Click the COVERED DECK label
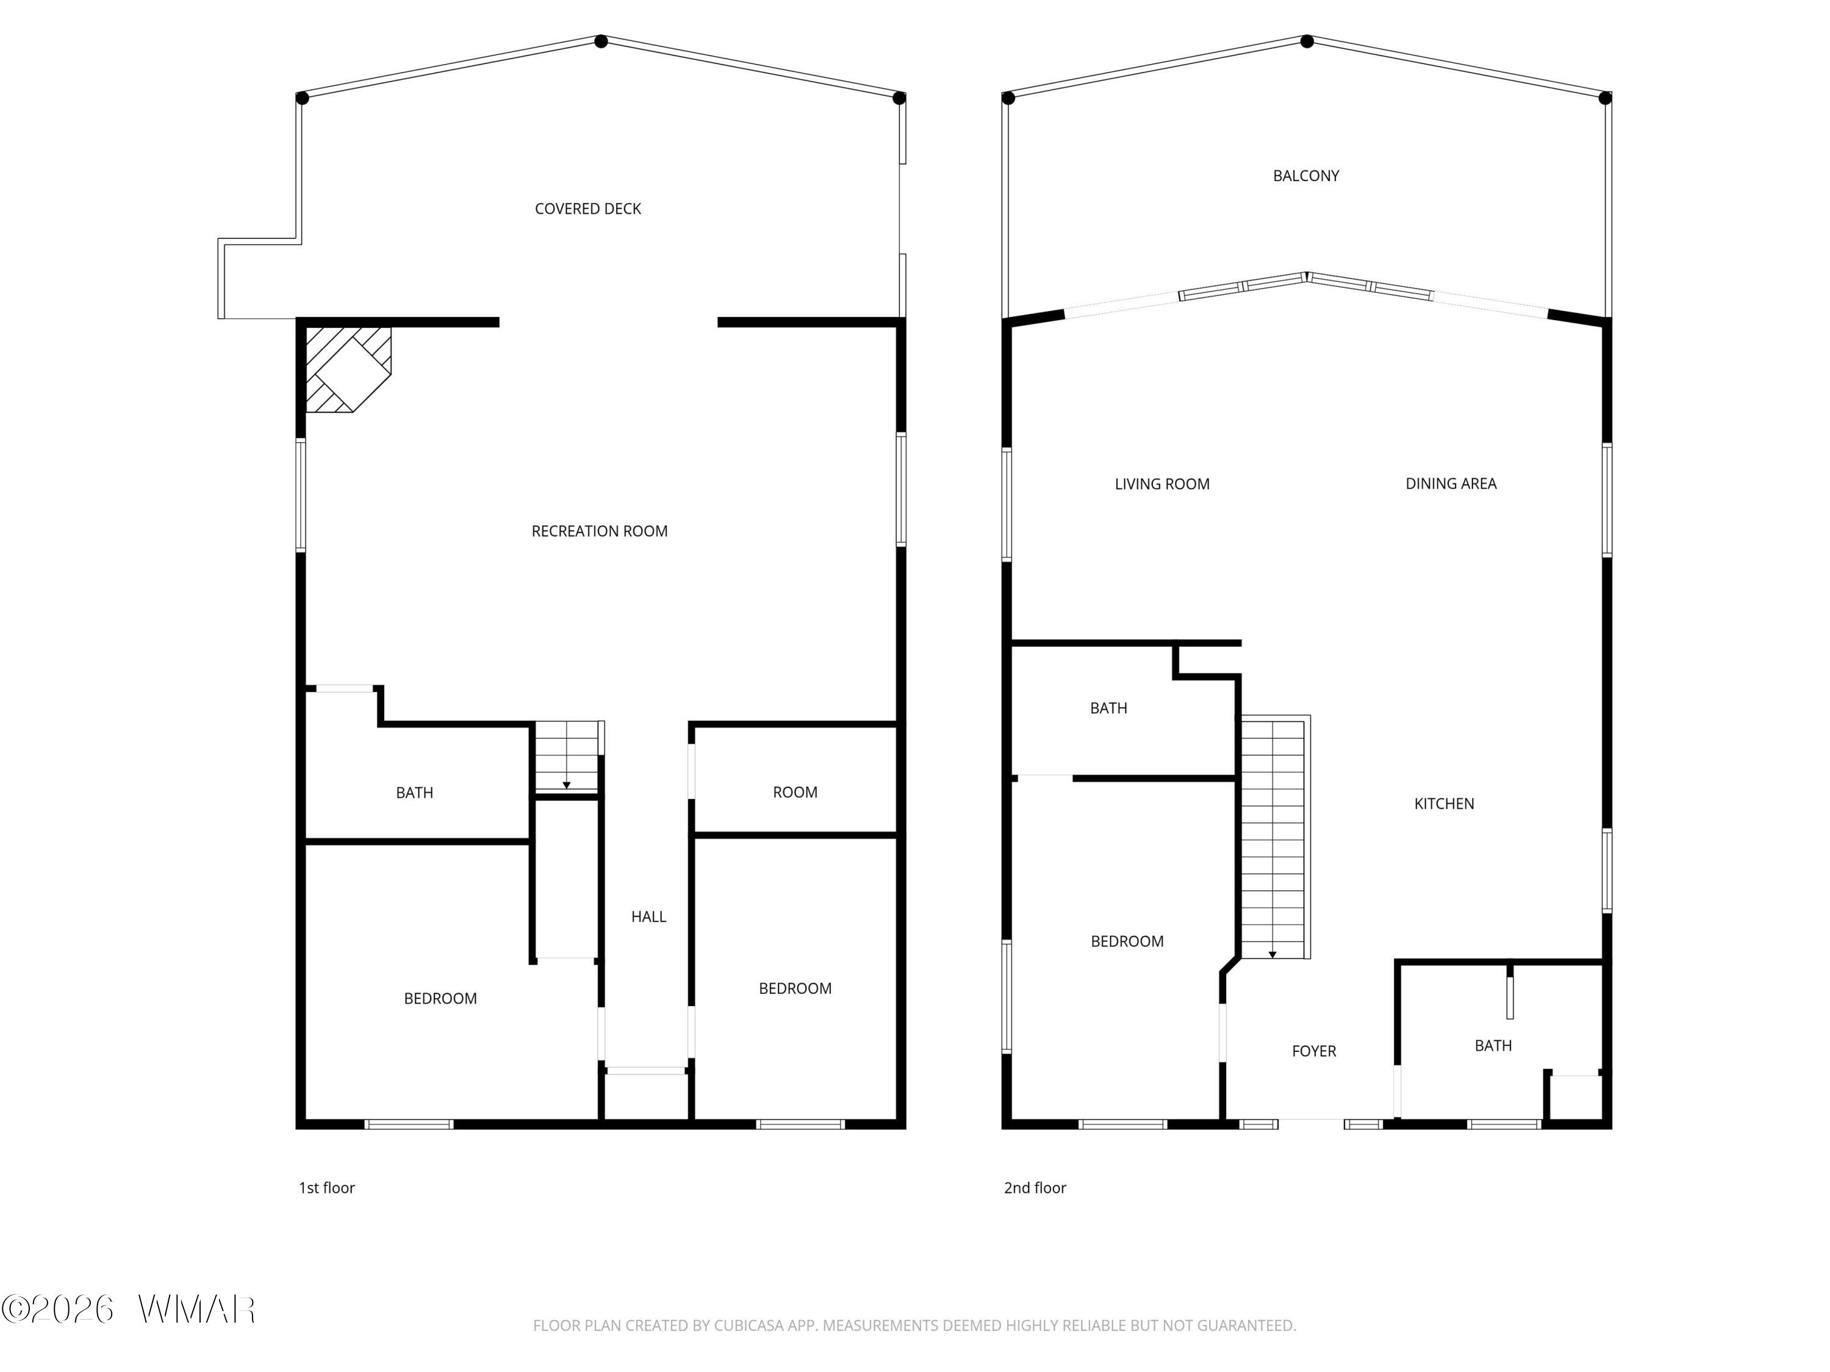pyautogui.click(x=587, y=209)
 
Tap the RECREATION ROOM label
pyautogui.click(x=599, y=532)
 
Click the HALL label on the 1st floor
pyautogui.click(x=648, y=916)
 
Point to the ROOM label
pyautogui.click(x=795, y=792)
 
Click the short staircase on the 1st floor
pyautogui.click(x=567, y=757)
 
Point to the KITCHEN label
pyautogui.click(x=1444, y=804)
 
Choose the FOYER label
pyautogui.click(x=1314, y=1051)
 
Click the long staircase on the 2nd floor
pyautogui.click(x=1274, y=837)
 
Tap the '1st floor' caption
pyautogui.click(x=327, y=1188)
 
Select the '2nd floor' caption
pyautogui.click(x=1035, y=1188)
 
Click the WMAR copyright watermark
pyautogui.click(x=128, y=1309)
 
